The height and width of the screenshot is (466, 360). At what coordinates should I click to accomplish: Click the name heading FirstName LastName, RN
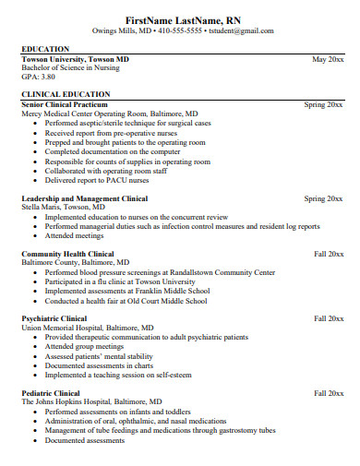180,18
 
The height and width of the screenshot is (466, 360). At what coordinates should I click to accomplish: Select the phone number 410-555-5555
179,30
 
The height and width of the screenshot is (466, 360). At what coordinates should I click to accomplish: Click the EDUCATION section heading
45,49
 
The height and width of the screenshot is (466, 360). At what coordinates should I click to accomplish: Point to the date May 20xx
328,59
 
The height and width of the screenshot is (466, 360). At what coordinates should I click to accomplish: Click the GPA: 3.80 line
38,78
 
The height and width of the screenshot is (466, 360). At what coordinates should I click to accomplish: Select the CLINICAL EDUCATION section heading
61,94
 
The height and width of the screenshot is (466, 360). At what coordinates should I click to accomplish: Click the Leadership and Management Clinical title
84,198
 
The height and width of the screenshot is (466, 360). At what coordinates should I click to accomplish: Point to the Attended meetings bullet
77,235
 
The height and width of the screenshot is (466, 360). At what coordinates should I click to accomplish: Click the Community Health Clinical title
67,254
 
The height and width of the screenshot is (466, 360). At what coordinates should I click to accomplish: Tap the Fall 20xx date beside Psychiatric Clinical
329,318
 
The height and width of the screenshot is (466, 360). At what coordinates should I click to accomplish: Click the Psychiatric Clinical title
54,318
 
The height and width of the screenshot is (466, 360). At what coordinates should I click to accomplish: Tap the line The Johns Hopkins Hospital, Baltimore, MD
91,401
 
